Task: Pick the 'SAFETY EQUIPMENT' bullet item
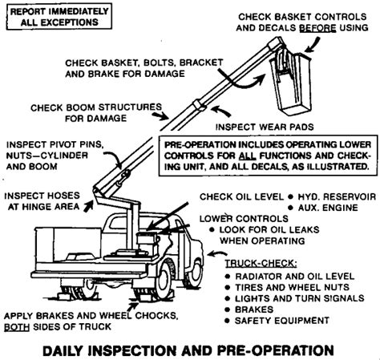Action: (x=285, y=320)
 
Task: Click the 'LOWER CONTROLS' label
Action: (x=233, y=217)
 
